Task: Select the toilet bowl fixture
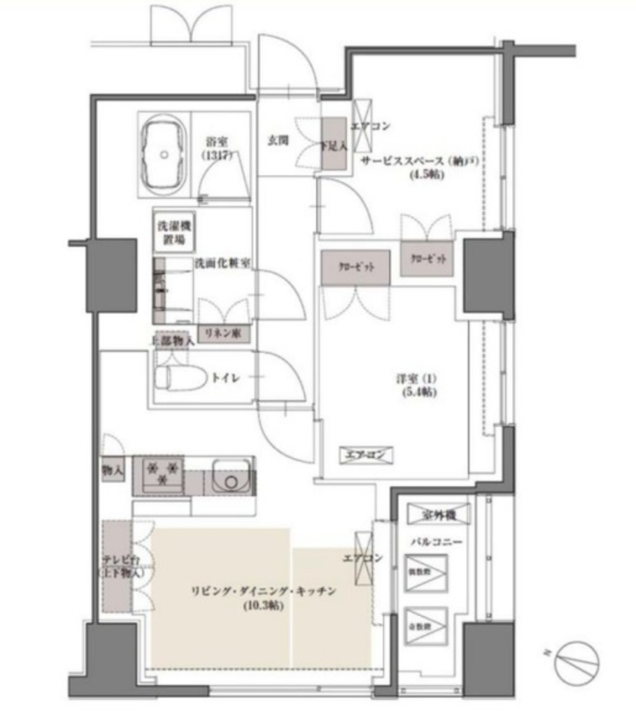point(179,378)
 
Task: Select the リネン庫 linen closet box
point(223,334)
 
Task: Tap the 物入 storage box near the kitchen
point(112,470)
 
